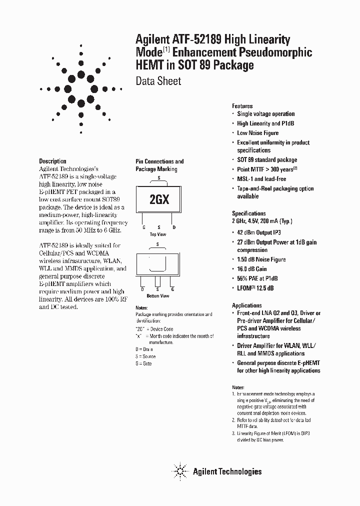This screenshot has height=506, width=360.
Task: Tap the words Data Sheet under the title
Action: coord(158,81)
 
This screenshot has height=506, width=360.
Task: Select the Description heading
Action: coord(52,161)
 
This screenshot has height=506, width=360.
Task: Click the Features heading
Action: coord(242,106)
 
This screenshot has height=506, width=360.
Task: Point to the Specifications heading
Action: coord(249,213)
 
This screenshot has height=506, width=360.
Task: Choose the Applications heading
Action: coord(247,305)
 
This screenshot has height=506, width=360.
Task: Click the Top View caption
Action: coord(158,234)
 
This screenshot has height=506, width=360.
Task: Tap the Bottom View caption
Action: coord(157,296)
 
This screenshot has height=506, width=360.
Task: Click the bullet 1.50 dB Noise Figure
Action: coord(261,259)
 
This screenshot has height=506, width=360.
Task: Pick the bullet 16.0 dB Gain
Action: coord(252,269)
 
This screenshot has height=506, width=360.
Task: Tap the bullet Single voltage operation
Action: coord(265,114)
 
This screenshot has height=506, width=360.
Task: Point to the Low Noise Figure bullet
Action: coord(257,133)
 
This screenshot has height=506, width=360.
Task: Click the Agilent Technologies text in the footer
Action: coord(227,471)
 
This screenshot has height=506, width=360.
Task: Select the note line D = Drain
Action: coord(144,348)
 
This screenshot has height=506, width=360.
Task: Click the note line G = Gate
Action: coord(143,363)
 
